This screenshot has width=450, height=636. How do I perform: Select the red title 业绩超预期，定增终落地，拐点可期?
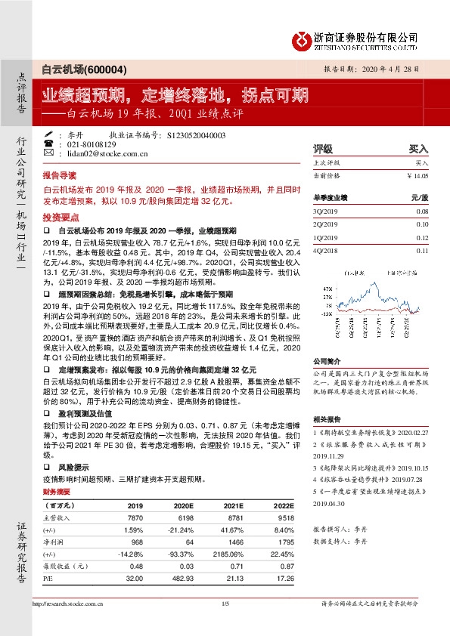175,96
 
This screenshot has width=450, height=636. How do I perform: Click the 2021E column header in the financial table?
232,505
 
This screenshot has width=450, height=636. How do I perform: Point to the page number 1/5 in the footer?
224,604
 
